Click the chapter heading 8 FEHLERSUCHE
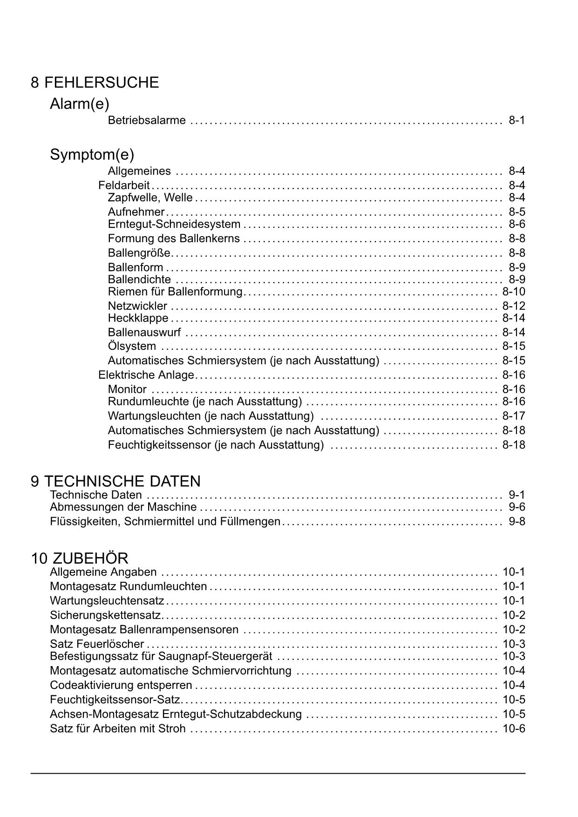pyautogui.click(x=95, y=83)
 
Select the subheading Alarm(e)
pyautogui.click(x=79, y=104)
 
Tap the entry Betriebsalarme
pyautogui.click(x=147, y=121)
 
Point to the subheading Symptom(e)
pyautogui.click(x=92, y=154)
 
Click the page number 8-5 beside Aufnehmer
pyautogui.click(x=517, y=212)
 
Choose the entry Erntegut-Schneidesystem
pyautogui.click(x=174, y=224)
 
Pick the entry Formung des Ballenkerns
pyautogui.click(x=174, y=238)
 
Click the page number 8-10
pyautogui.click(x=513, y=292)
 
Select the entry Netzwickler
pyautogui.click(x=137, y=306)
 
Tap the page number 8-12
pyautogui.click(x=513, y=306)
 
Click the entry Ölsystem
pyautogui.click(x=132, y=346)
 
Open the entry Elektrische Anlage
pyautogui.click(x=146, y=375)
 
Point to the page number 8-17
pyautogui.click(x=513, y=415)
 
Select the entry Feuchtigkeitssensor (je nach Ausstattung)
pyautogui.click(x=216, y=445)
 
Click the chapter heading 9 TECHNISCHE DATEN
pyautogui.click(x=116, y=481)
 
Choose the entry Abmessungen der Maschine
pyautogui.click(x=123, y=507)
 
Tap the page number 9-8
pyautogui.click(x=517, y=521)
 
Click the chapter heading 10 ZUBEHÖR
pyautogui.click(x=80, y=558)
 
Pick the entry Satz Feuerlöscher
pyautogui.click(x=97, y=644)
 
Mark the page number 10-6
pyautogui.click(x=513, y=728)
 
